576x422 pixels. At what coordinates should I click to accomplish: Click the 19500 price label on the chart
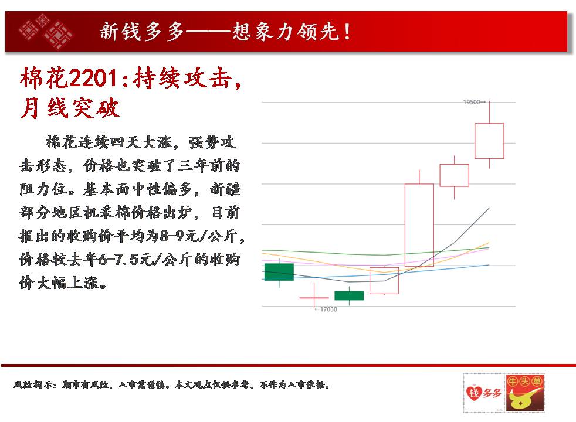(x=472, y=102)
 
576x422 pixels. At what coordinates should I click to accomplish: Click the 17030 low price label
(x=328, y=309)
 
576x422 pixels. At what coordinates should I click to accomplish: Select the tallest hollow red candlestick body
(x=419, y=225)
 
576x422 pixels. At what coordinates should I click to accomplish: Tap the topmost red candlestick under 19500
(x=489, y=141)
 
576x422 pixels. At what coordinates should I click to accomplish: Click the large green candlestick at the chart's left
(x=279, y=272)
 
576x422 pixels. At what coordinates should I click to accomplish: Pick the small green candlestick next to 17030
(x=349, y=296)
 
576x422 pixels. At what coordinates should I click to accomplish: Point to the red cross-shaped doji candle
(x=314, y=298)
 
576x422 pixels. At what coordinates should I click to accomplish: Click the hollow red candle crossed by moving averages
(x=384, y=281)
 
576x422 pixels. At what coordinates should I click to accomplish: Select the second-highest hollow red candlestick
(x=455, y=175)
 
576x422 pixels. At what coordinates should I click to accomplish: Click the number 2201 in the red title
(x=93, y=78)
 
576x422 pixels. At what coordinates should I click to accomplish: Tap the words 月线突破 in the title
(x=70, y=108)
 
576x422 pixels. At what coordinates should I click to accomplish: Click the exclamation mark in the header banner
(x=347, y=32)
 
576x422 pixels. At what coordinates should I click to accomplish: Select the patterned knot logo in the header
(x=46, y=31)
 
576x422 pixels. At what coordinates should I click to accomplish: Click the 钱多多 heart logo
(x=483, y=393)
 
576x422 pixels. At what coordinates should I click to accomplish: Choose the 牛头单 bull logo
(x=524, y=393)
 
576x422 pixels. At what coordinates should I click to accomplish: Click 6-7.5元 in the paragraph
(x=125, y=260)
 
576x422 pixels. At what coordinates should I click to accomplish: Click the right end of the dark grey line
(x=489, y=208)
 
